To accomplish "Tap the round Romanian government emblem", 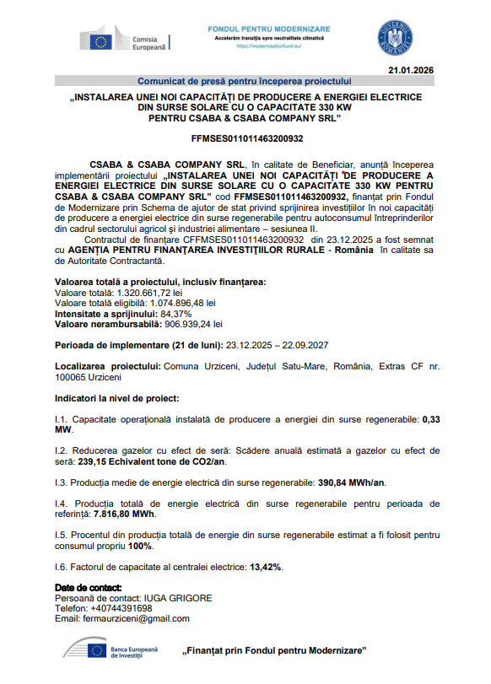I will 395,36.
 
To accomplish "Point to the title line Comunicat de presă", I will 244,81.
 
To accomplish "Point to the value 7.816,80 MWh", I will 125,514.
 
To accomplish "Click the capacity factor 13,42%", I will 266,566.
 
